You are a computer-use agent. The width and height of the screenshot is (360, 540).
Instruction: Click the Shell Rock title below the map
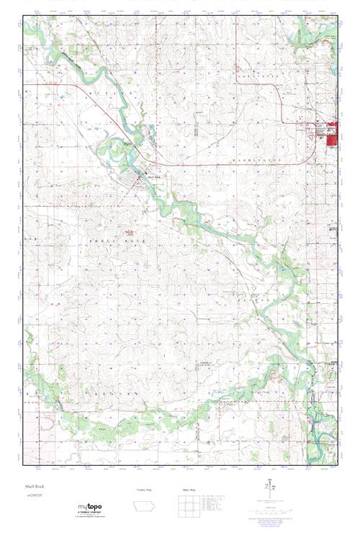(x=34, y=487)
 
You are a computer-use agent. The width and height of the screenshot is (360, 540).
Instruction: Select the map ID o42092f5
(x=37, y=495)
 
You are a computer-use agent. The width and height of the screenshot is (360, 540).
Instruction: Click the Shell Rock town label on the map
(x=153, y=179)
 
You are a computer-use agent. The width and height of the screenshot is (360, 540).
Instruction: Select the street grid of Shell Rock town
(x=135, y=178)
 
